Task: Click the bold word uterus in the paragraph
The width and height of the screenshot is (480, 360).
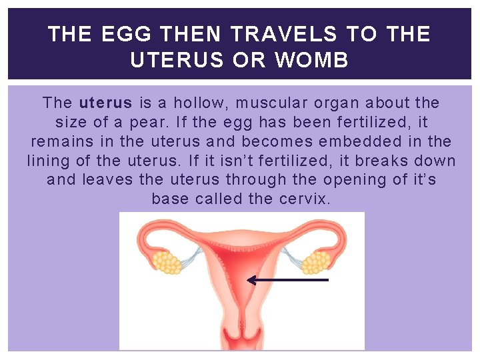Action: (107, 103)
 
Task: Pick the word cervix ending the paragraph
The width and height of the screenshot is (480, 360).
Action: (305, 199)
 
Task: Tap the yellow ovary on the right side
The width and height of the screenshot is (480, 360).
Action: (315, 262)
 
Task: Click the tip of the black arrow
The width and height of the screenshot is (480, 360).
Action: (249, 281)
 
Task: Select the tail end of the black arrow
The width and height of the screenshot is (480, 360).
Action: (328, 281)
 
